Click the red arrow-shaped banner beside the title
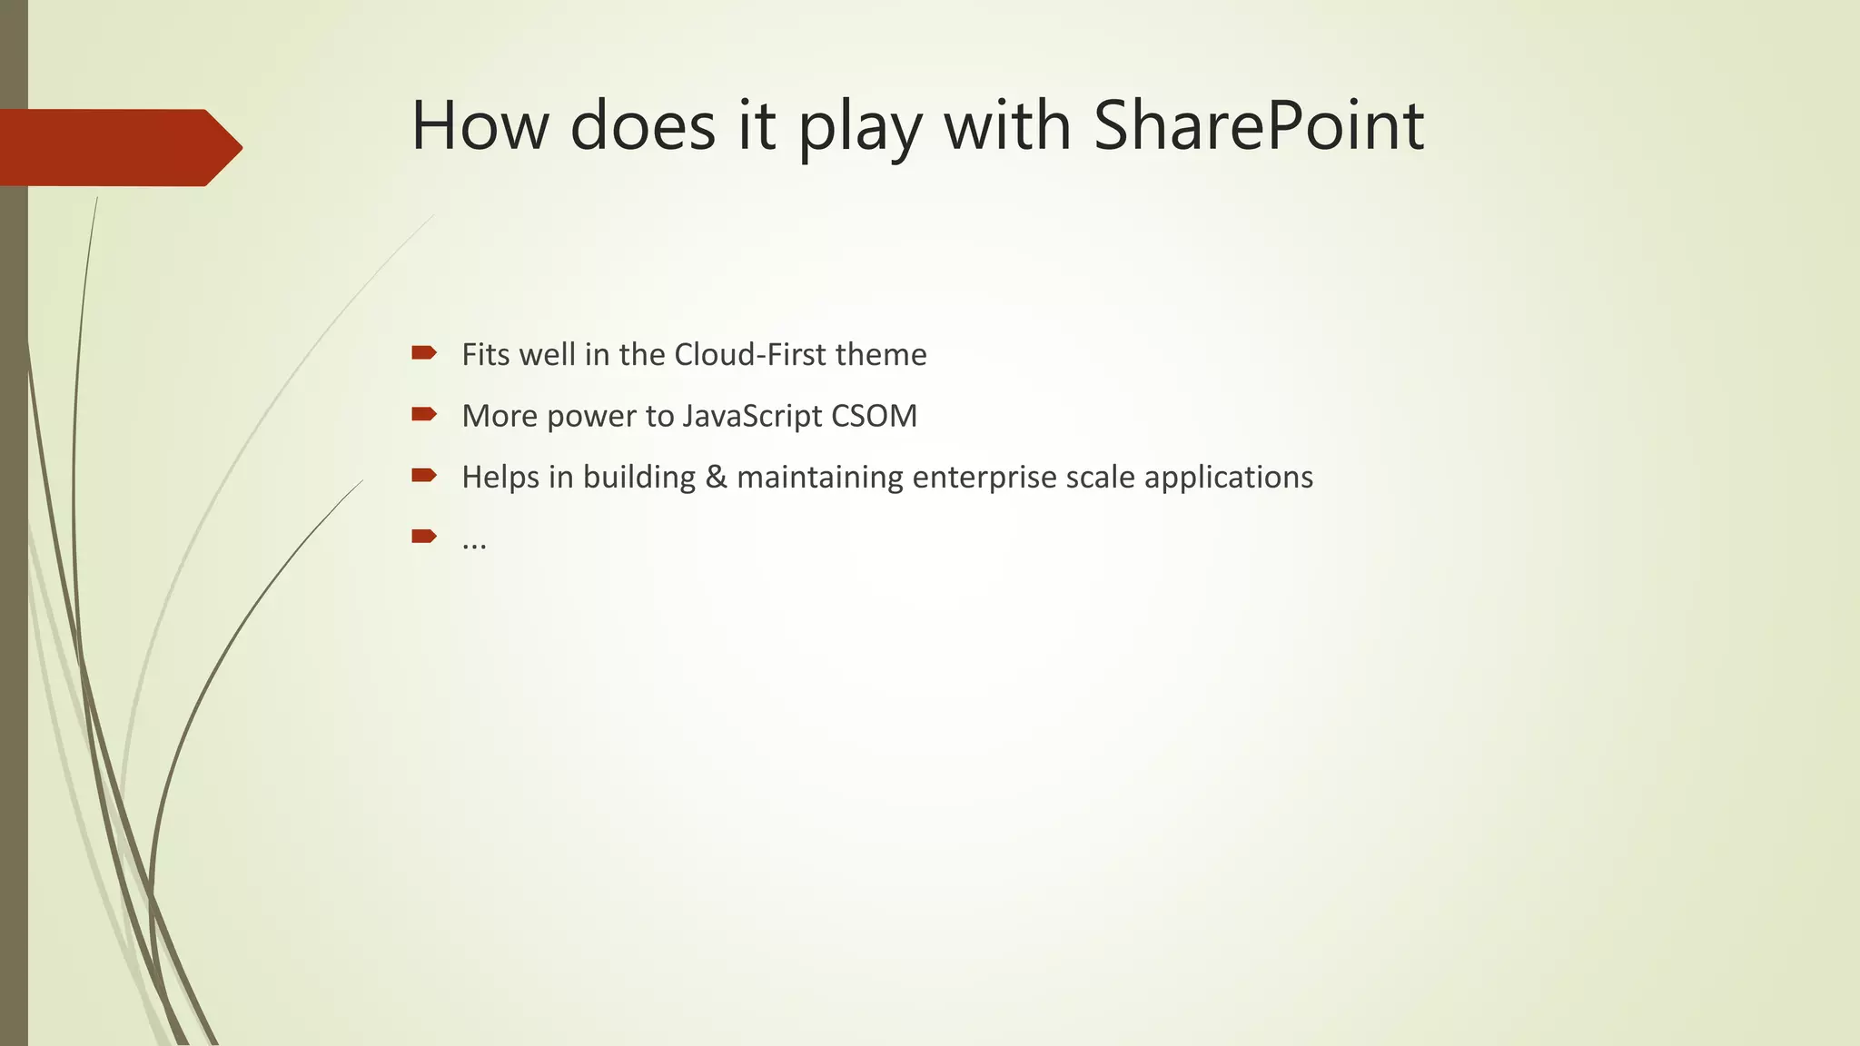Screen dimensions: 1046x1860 coord(118,147)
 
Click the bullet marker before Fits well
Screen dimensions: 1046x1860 coord(423,352)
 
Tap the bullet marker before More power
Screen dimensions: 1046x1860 coord(423,414)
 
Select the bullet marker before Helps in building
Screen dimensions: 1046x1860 coord(423,475)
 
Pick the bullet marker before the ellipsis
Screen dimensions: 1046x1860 coord(423,536)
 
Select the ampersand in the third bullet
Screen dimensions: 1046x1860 coord(716,477)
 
